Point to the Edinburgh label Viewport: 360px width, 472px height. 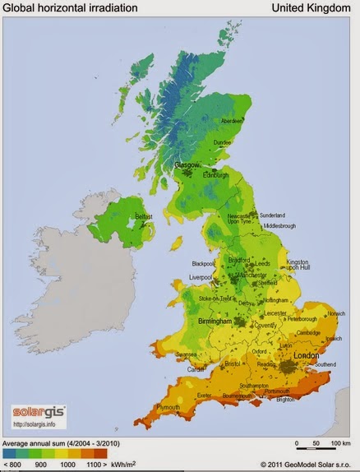point(215,174)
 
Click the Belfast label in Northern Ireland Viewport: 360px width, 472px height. point(145,216)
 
